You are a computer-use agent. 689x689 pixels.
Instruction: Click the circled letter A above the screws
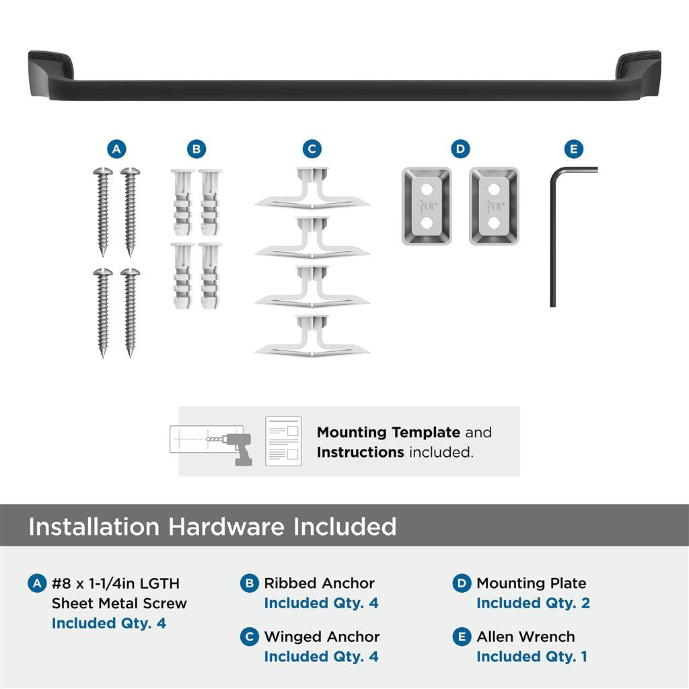[117, 149]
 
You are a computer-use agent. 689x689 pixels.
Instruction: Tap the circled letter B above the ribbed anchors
[196, 149]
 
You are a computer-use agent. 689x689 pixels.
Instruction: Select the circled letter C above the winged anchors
[312, 149]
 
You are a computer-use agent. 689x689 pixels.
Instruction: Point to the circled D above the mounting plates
[460, 149]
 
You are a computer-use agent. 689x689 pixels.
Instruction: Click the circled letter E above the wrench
[573, 149]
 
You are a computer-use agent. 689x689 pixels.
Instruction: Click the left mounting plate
[427, 206]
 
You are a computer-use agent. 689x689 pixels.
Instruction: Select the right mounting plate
[494, 206]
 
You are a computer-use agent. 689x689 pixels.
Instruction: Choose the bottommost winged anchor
[312, 336]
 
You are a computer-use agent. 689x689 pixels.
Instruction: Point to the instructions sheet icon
[283, 441]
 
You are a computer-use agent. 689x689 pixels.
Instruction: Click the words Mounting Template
[388, 432]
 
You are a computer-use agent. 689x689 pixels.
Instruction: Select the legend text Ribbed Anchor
[319, 583]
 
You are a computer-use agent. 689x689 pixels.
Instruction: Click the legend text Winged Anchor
[322, 637]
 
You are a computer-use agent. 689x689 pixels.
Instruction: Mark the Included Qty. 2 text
[533, 604]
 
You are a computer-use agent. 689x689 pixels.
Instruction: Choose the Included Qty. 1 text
[532, 657]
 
